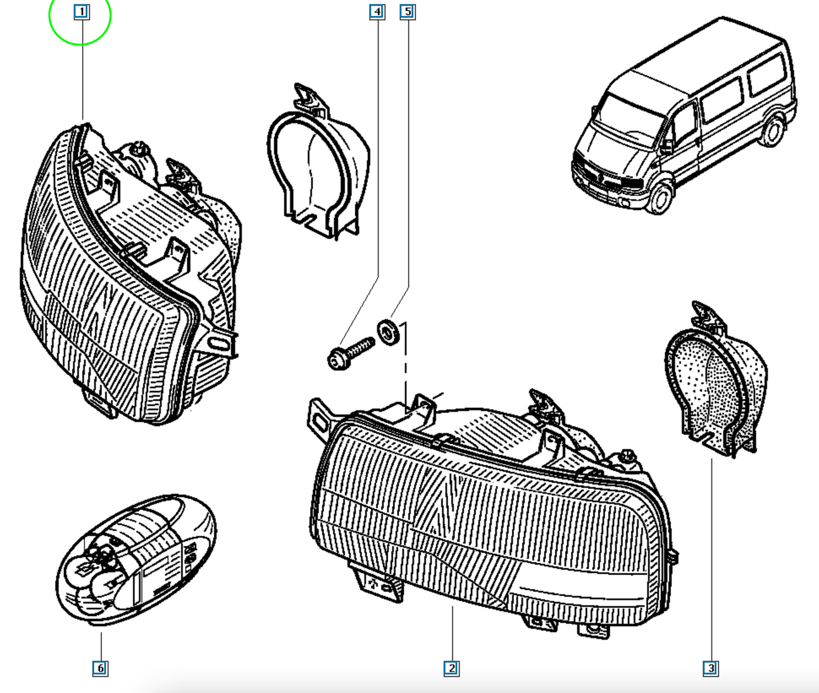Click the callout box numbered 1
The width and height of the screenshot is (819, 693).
point(82,12)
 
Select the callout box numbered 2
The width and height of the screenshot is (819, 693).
point(451,669)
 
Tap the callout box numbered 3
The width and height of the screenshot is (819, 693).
point(710,669)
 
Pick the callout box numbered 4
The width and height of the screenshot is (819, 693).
point(377,12)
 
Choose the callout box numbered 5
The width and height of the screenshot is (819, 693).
point(408,12)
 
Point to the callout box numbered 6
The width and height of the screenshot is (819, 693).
point(100,669)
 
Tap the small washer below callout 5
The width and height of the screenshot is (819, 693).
point(388,333)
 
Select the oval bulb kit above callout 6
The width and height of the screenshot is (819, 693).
point(136,559)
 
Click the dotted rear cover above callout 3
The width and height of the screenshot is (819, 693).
point(715,380)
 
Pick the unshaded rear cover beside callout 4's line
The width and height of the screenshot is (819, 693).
point(318,163)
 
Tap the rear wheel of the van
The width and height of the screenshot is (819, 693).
point(772,131)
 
